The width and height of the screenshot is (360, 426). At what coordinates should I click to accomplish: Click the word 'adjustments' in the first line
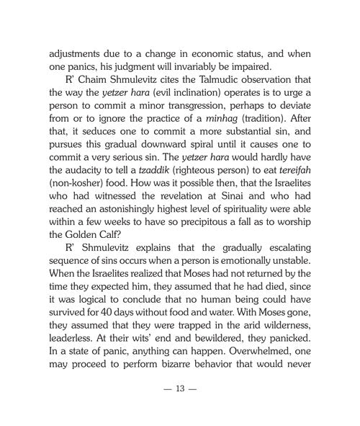pyautogui.click(x=77, y=53)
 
